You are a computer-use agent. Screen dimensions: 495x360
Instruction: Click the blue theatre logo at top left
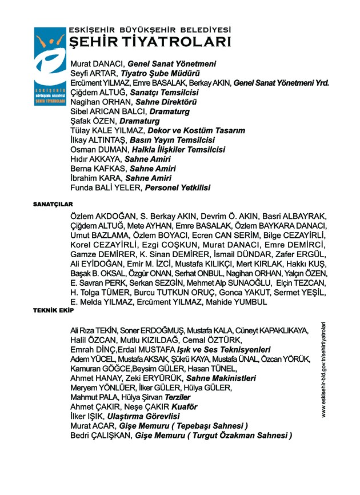coord(50,66)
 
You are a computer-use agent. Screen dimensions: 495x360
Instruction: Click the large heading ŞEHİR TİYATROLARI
coord(150,42)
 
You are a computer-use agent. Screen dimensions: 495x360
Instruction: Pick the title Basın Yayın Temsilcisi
coord(172,140)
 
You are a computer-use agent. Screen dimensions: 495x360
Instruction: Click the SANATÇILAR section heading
coord(53,203)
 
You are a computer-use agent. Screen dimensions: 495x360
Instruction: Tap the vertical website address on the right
coord(323,369)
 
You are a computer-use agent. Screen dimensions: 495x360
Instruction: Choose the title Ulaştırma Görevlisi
coord(149,417)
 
